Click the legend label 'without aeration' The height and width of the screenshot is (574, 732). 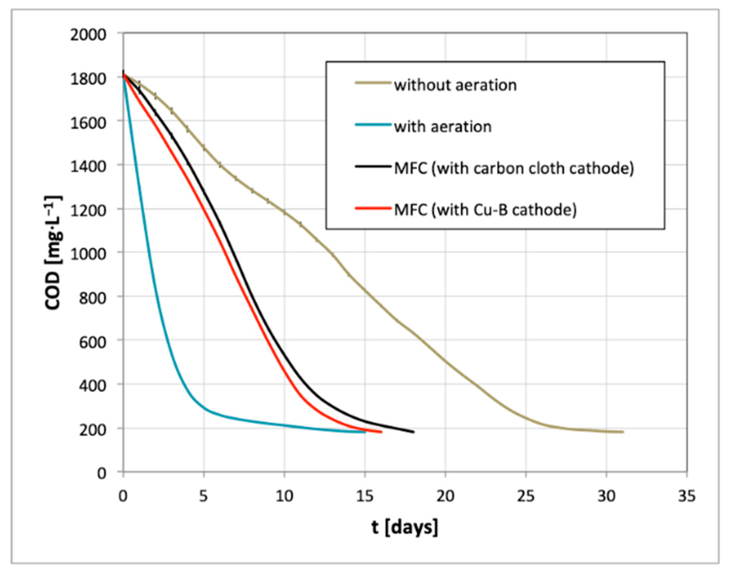(455, 85)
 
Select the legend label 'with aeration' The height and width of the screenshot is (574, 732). (443, 127)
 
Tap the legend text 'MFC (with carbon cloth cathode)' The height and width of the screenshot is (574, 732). (514, 169)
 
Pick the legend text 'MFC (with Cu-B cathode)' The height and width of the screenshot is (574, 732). (485, 210)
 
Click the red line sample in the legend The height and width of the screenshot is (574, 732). (373, 209)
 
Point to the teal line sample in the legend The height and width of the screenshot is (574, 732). (373, 125)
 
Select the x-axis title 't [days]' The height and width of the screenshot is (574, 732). (404, 527)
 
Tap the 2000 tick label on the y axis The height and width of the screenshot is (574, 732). (88, 35)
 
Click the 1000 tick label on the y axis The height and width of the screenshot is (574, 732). (88, 254)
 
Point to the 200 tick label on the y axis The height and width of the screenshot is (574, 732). (93, 430)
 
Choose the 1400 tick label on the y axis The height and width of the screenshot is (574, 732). (88, 166)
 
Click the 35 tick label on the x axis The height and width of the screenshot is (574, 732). (687, 496)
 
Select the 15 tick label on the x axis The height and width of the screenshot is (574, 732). (365, 496)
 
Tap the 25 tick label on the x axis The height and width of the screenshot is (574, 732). (525, 496)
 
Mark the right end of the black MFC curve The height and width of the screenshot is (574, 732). (413, 432)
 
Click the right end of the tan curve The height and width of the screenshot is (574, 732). (623, 432)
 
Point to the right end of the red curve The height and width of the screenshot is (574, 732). (381, 432)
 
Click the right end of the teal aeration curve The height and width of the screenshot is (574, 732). (365, 432)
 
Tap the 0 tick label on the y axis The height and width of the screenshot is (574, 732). (102, 473)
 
